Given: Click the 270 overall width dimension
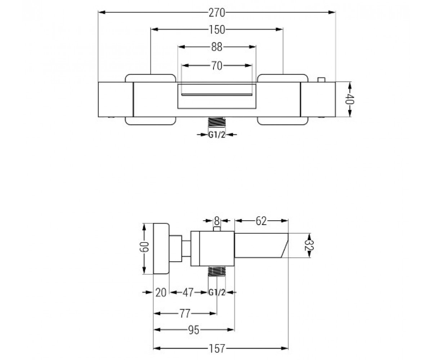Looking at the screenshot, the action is coord(217,13).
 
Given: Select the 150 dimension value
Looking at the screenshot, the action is coord(217,30).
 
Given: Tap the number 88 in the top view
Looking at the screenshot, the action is coord(217,47).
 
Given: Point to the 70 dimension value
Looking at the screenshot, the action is coord(217,66).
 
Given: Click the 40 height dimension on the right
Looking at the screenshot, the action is coord(350,99).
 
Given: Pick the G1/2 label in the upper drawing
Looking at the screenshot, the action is coord(217,135).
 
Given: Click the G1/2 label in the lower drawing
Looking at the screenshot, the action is coord(217,293).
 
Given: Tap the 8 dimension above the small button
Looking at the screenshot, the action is coord(217,221).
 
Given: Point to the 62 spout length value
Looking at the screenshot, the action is coord(261,221).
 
